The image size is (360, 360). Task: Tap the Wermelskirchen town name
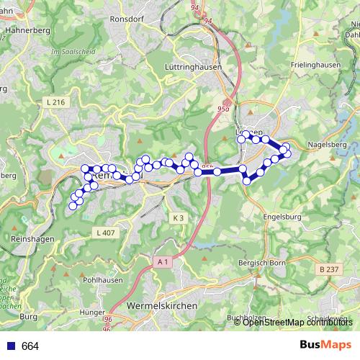tap(162, 305)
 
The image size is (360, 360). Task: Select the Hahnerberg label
tap(25, 31)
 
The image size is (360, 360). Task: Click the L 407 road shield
tap(105, 233)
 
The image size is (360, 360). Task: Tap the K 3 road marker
tap(179, 217)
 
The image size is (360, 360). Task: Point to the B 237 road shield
tap(327, 269)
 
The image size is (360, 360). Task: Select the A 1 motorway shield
tap(163, 263)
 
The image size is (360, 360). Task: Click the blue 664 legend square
tap(11, 346)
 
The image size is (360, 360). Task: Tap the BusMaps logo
tap(325, 346)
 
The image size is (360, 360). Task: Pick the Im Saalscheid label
tap(67, 52)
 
